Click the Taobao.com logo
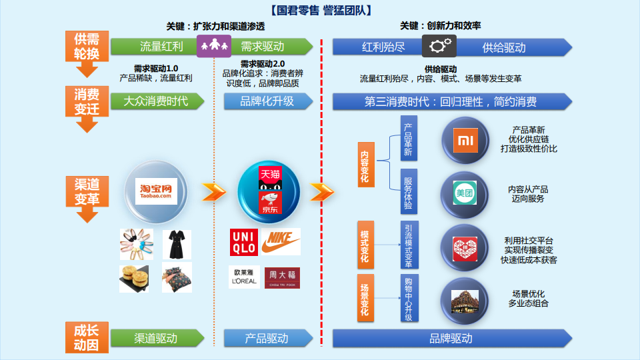pyautogui.click(x=156, y=191)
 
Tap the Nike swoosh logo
pyautogui.click(x=281, y=242)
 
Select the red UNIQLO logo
pyautogui.click(x=244, y=243)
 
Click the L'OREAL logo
pyautogui.click(x=244, y=277)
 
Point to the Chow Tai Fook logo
pyautogui.click(x=282, y=278)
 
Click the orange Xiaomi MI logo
pyautogui.click(x=466, y=141)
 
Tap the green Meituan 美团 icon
pyautogui.click(x=465, y=193)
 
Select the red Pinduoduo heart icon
pyautogui.click(x=465, y=249)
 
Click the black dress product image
pyautogui.click(x=177, y=245)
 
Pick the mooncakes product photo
pyautogui.click(x=134, y=279)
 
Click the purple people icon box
pyautogui.click(x=214, y=46)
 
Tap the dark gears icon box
pyautogui.click(x=439, y=46)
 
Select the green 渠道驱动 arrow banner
pyautogui.click(x=157, y=339)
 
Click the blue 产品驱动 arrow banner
pyautogui.click(x=268, y=339)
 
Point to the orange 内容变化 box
pyautogui.click(x=366, y=165)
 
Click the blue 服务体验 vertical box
pyautogui.click(x=409, y=191)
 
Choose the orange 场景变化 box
pyautogui.click(x=366, y=298)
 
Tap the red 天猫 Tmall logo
pyautogui.click(x=270, y=178)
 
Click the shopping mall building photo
pyautogui.click(x=465, y=301)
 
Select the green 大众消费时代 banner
pyautogui.click(x=157, y=101)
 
